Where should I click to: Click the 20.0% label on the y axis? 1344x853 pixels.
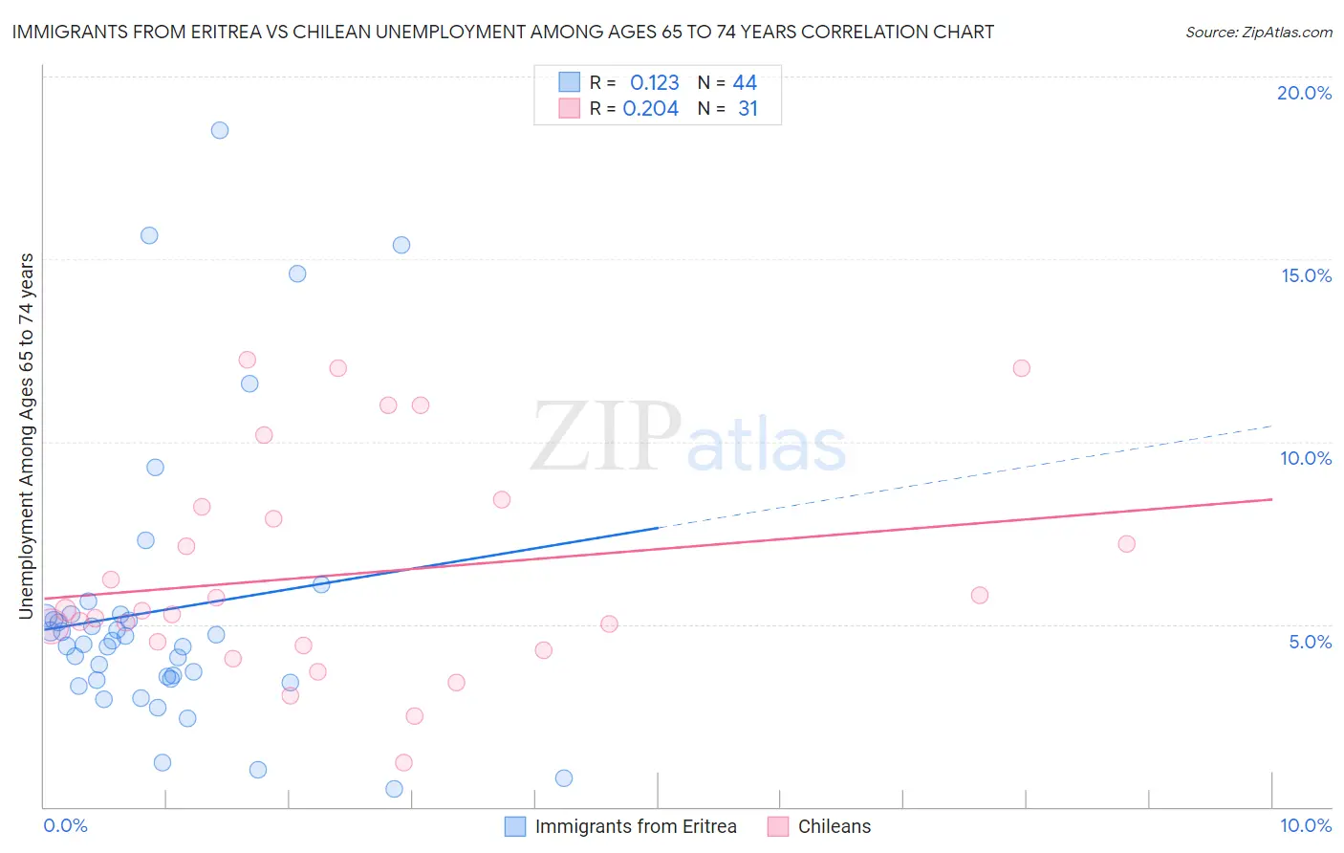[x=1304, y=93]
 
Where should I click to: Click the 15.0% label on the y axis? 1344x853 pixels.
[x=1306, y=275]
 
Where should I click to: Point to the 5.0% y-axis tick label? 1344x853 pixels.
[x=1310, y=642]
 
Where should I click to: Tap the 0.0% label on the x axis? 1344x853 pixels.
[x=65, y=825]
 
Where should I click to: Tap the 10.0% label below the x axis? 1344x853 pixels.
[x=1305, y=825]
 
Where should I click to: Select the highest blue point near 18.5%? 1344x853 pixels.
[x=220, y=130]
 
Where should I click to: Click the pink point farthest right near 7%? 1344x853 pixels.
[x=1126, y=544]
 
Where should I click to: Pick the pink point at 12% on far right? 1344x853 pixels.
[x=1021, y=368]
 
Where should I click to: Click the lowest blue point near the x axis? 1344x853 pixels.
[x=394, y=789]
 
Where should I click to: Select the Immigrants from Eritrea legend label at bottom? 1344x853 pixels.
[x=636, y=826]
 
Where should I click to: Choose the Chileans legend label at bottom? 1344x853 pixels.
[x=834, y=826]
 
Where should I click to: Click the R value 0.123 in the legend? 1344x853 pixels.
[x=654, y=83]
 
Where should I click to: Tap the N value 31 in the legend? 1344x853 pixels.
[x=748, y=109]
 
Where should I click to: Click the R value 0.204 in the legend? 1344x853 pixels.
[x=650, y=109]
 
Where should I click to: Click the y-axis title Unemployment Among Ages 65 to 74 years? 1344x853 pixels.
[x=27, y=435]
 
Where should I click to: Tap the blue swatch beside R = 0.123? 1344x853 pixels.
[x=570, y=82]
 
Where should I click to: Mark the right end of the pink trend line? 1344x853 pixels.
[x=1271, y=499]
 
